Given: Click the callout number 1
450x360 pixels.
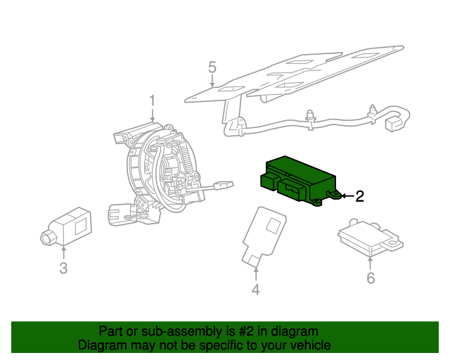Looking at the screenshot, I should pos(152,103).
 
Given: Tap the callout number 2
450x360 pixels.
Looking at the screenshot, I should pos(359,197).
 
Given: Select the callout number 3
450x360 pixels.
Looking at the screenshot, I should pos(63,268).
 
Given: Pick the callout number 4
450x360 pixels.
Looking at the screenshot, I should pos(256,290).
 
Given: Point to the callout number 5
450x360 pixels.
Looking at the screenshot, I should pos(212,67).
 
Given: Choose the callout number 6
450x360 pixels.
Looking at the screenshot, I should pos(370,278).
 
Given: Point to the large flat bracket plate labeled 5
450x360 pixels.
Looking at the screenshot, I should pos(295,74).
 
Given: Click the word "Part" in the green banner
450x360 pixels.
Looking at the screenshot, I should pos(110,331).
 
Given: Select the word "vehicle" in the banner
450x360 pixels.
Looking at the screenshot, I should pos(309,345).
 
